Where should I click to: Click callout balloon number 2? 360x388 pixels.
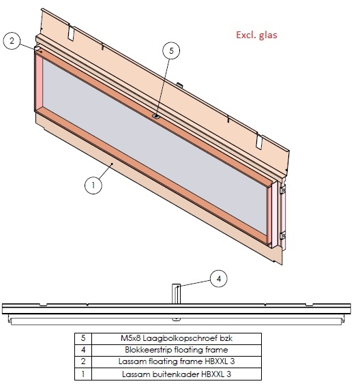[x=12, y=41]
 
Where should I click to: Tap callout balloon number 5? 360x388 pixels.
[x=172, y=50]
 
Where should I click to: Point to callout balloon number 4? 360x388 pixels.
[x=217, y=278]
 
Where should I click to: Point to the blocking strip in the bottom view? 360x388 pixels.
[x=176, y=293]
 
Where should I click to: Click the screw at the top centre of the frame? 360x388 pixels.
[x=156, y=116]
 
